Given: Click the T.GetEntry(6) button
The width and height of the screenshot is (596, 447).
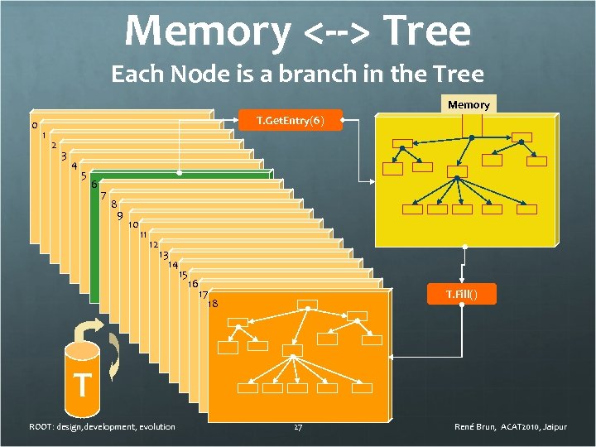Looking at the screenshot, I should click(289, 122).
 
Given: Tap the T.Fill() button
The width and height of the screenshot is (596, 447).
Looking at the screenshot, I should click(460, 294).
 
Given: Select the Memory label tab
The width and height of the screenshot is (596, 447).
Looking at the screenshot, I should click(469, 104).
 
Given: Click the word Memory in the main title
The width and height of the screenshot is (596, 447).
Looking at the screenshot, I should click(208, 31).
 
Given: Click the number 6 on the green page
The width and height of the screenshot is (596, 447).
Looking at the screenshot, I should click(94, 184).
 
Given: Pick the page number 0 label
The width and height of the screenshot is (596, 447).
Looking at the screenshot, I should click(34, 126).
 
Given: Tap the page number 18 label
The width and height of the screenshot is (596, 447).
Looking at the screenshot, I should click(213, 304).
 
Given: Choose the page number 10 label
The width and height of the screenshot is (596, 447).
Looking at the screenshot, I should click(132, 225).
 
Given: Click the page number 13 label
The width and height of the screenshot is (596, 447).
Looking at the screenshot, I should click(164, 255).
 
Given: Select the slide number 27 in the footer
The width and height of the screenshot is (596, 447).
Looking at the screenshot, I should click(297, 427).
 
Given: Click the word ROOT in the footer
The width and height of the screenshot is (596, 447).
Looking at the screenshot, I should click(41, 427).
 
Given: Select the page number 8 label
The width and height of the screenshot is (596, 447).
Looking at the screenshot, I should click(113, 205).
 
